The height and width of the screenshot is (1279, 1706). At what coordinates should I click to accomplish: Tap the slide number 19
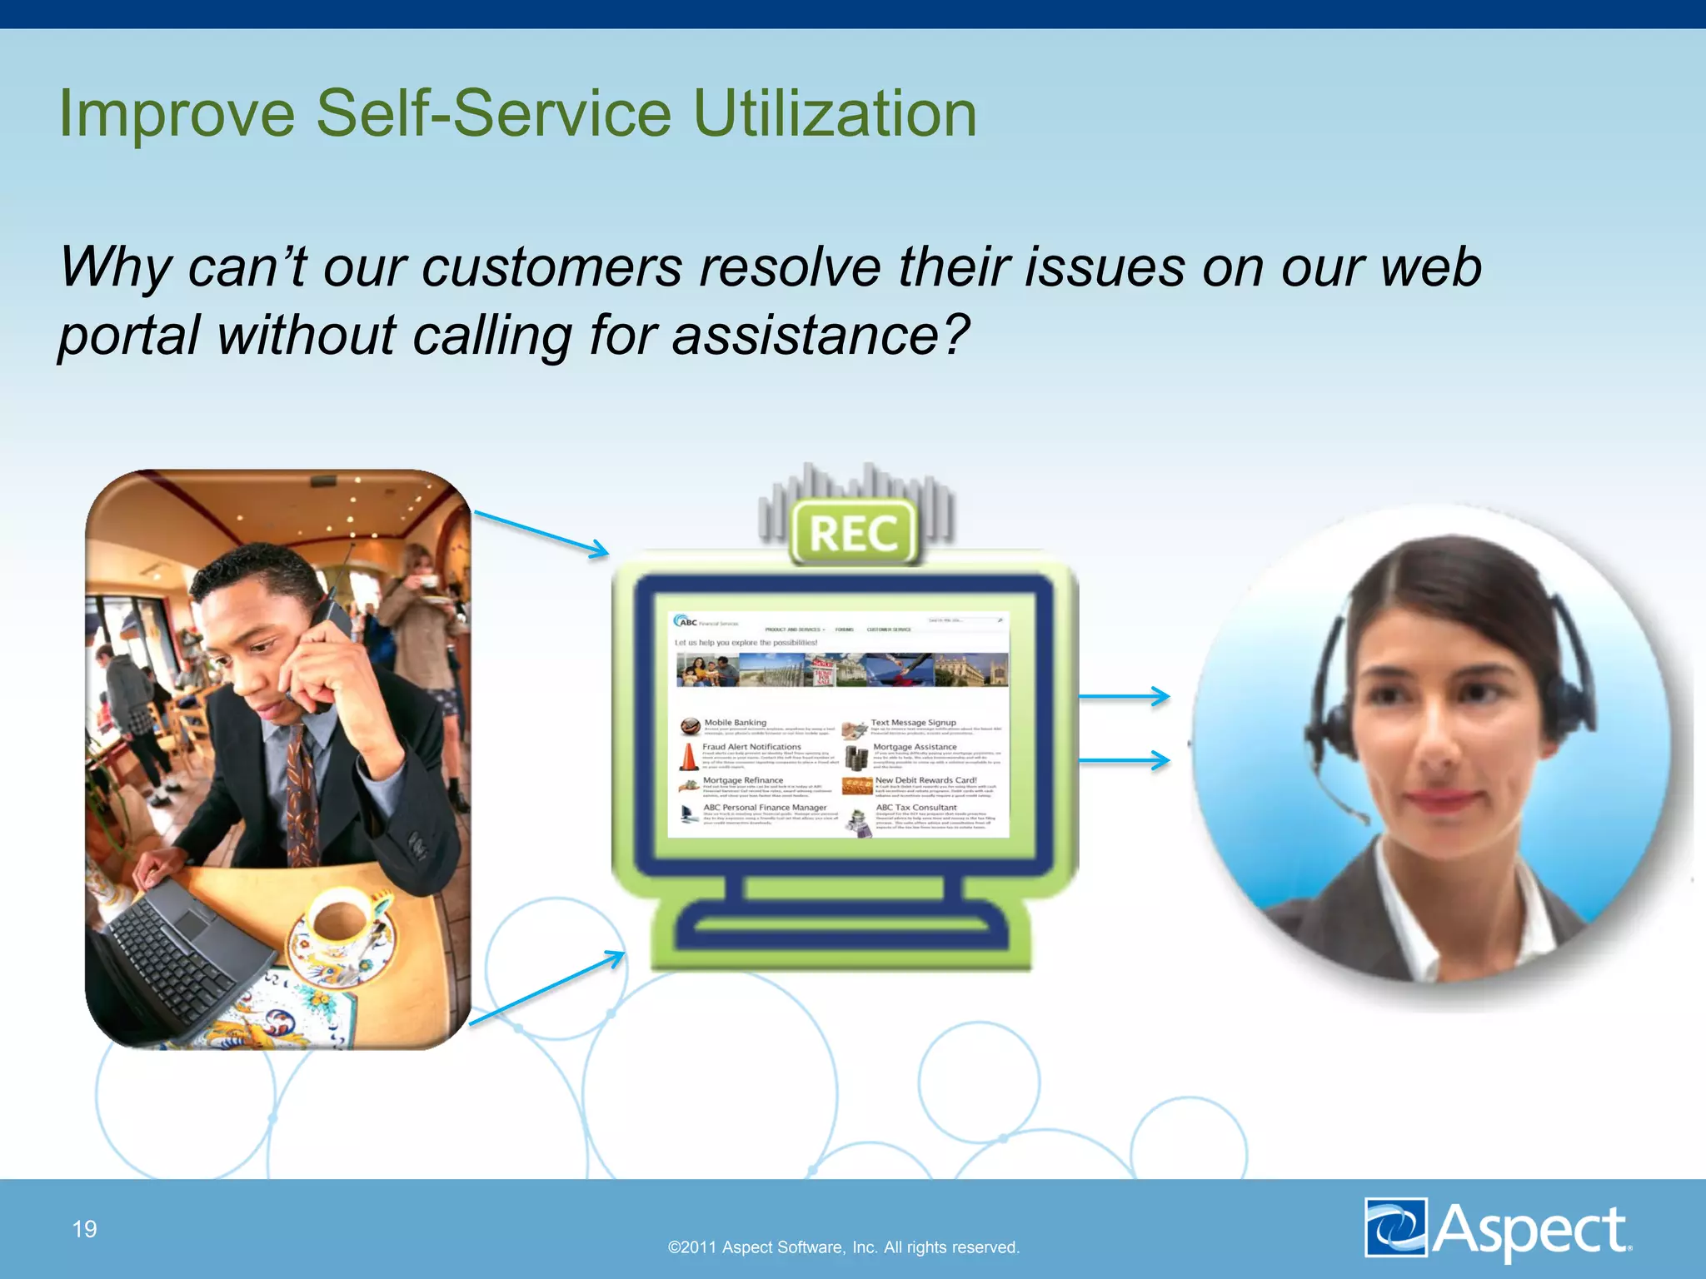point(85,1229)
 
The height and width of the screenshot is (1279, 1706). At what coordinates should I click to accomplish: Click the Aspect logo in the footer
point(1498,1228)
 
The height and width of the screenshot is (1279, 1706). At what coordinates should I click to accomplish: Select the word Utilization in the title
point(835,114)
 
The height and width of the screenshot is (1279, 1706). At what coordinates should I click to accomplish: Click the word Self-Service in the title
point(493,114)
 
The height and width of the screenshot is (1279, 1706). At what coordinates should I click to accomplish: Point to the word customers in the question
point(551,268)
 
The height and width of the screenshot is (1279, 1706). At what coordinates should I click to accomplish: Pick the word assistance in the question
point(806,336)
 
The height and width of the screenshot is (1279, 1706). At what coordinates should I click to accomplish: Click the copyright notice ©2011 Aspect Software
point(843,1247)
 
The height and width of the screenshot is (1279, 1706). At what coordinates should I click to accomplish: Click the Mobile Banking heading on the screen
point(735,723)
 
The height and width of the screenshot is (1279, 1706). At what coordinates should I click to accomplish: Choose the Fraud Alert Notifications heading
point(751,747)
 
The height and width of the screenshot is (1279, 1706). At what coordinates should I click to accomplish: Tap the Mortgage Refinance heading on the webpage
point(743,780)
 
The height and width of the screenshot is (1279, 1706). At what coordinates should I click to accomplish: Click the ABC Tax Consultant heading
point(916,808)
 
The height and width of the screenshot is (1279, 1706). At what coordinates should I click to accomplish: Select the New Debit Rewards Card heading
point(925,780)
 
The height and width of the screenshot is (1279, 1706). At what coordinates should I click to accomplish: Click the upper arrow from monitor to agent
point(1125,696)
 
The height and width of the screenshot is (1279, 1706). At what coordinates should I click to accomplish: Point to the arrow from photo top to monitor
point(541,533)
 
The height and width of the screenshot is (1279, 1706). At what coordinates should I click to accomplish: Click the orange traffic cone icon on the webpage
point(689,756)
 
